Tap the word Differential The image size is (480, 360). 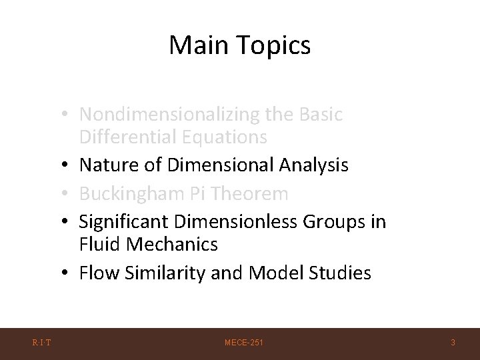(x=125, y=137)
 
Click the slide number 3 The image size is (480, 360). (x=453, y=343)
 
